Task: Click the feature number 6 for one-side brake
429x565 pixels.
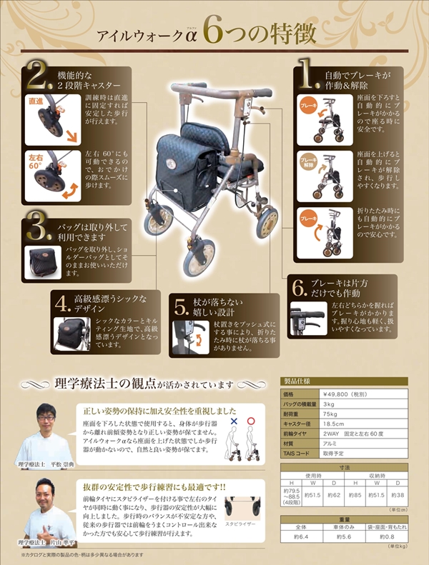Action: (299, 288)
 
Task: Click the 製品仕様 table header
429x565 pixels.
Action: (297, 381)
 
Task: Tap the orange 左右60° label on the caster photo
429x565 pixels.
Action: (37, 160)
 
